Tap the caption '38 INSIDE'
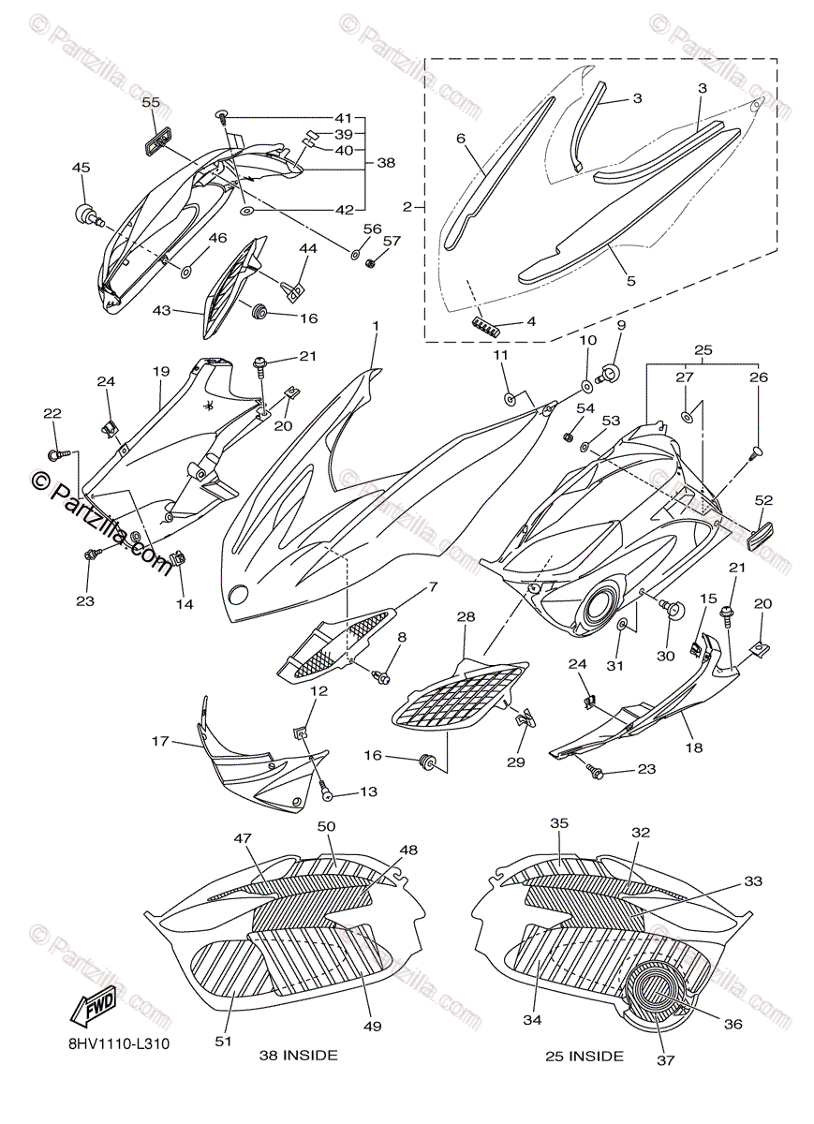pos(299,1056)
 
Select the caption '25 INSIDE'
pos(585,1057)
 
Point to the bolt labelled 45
pos(87,214)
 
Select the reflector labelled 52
pos(767,537)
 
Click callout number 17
pos(160,742)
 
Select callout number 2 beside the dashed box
pos(407,205)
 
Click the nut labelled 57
pos(372,263)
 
